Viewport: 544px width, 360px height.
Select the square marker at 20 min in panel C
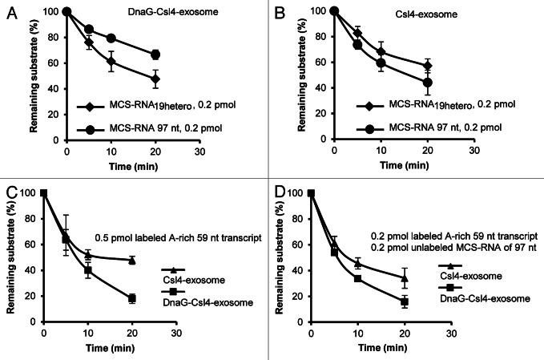(131, 298)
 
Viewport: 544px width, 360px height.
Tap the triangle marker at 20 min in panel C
(131, 260)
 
